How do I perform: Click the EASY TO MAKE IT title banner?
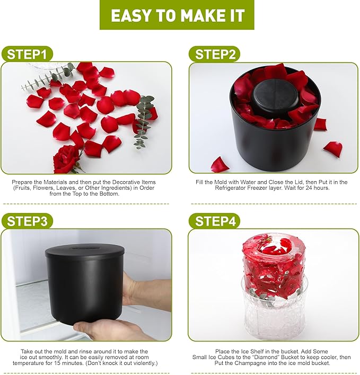[177, 15]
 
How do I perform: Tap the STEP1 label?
[27, 55]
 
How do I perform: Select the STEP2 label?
[214, 55]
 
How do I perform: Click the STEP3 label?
[27, 221]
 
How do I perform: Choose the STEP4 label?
[214, 221]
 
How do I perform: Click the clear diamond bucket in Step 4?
[274, 312]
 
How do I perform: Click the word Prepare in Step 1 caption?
[23, 182]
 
